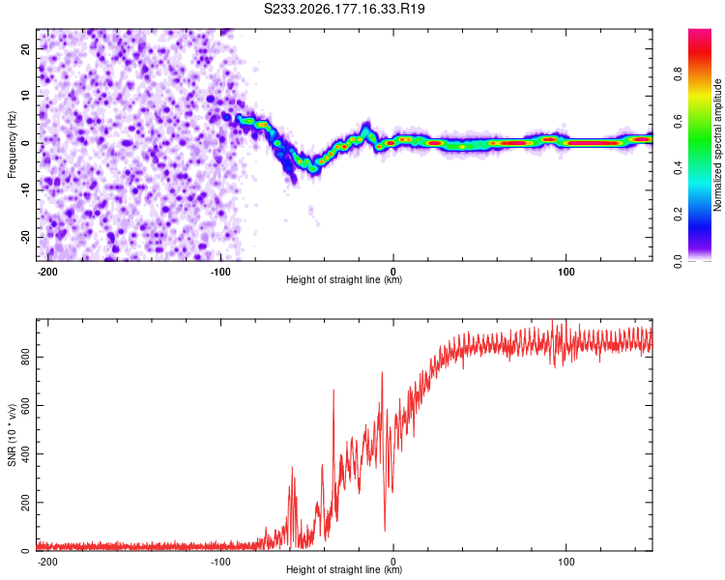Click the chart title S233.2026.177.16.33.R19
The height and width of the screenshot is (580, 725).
pos(344,9)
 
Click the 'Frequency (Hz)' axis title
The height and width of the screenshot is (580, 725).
pos(12,145)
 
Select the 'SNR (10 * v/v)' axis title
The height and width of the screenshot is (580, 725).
pos(12,435)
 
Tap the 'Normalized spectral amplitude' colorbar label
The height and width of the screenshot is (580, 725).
pos(717,145)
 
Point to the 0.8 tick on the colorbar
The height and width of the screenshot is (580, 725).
pos(678,74)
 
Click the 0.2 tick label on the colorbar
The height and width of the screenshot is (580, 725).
pos(678,215)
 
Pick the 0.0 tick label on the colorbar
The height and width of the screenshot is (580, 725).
pos(678,261)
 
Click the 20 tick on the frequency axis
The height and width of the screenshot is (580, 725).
pos(25,48)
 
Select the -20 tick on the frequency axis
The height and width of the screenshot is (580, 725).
pos(25,237)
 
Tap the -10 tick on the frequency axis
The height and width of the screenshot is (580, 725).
pos(25,190)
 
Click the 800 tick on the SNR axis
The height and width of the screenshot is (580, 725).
pos(25,357)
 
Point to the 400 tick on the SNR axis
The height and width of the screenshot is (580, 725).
pos(25,453)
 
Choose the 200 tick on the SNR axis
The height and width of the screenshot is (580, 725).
pos(25,503)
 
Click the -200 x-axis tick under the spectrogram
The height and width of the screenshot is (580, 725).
pos(47,272)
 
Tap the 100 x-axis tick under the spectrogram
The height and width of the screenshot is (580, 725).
pos(565,272)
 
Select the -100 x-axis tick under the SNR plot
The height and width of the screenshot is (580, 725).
pos(220,562)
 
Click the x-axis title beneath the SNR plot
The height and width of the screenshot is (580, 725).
pos(344,569)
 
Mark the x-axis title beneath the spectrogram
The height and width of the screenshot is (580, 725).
pos(344,279)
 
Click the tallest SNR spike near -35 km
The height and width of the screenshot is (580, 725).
pos(333,391)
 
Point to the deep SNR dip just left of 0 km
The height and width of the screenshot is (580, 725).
pos(385,530)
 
